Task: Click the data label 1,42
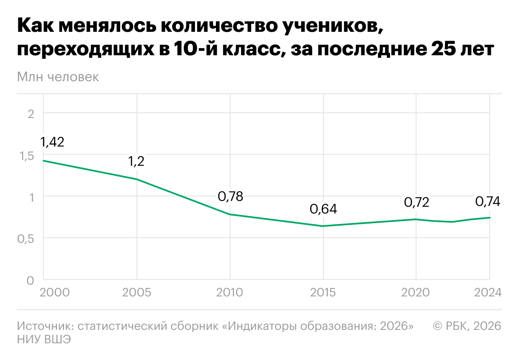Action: pos(52,142)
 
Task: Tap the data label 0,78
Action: pos(230,196)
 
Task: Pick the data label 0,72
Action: pos(416,203)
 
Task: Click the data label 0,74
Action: pos(488,201)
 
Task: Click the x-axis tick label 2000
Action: pos(54,292)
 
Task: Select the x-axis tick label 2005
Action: pos(137,292)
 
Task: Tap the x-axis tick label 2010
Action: pos(230,292)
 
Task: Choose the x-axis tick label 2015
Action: pos(323,292)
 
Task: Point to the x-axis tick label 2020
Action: pos(416,292)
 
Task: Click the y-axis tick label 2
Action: pos(31,113)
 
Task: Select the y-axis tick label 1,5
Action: pos(26,156)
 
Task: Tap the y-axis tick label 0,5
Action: pos(26,239)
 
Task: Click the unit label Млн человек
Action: pos(58,77)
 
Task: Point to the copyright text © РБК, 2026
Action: pos(467,326)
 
